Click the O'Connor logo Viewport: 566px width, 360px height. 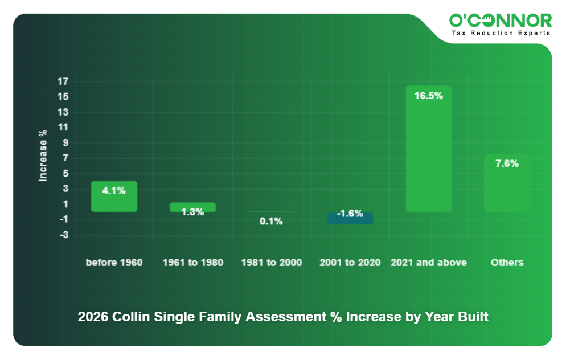click(501, 21)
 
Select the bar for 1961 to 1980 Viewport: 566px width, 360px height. click(192, 207)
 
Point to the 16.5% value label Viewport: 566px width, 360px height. click(428, 96)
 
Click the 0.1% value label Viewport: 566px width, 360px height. click(271, 222)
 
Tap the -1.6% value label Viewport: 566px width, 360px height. click(350, 214)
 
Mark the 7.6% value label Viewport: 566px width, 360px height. click(507, 163)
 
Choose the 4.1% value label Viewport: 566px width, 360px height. click(114, 191)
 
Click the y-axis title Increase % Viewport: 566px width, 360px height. click(43, 156)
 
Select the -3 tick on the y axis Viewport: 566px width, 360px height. click(63, 235)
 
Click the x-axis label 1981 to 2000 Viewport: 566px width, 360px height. click(271, 263)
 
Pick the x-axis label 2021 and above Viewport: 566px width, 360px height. click(428, 263)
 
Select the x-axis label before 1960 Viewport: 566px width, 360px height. click(114, 263)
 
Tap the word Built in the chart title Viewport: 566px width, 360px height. click(473, 317)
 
